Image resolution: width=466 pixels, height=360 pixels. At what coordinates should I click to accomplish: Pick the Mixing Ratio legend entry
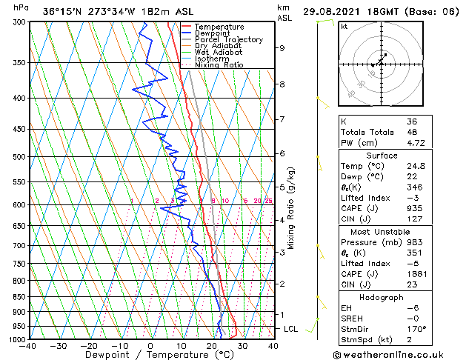[x=219, y=64]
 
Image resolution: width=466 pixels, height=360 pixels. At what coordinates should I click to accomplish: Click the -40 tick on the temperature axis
[x=28, y=346]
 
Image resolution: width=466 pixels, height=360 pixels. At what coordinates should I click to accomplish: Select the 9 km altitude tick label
[x=282, y=48]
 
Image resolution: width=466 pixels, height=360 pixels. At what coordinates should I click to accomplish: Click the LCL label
[x=291, y=328]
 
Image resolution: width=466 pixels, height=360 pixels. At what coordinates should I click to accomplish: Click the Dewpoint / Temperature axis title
[x=150, y=355]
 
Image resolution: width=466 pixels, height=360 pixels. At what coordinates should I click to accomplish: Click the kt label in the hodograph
[x=344, y=26]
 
